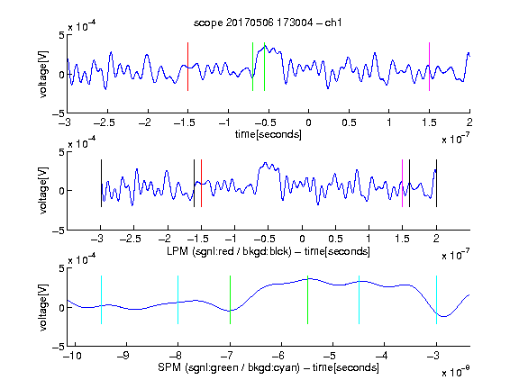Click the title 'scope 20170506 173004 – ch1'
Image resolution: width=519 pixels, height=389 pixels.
(x=268, y=23)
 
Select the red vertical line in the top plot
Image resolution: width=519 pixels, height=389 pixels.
(x=188, y=67)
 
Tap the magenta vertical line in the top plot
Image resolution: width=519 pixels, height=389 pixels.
(x=429, y=67)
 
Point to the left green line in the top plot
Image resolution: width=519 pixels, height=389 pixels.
(x=253, y=67)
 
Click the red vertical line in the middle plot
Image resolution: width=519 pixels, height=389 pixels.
(x=201, y=184)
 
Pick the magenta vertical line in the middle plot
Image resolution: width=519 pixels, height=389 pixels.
(x=403, y=184)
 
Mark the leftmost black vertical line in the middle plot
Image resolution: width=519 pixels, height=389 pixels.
(x=101, y=184)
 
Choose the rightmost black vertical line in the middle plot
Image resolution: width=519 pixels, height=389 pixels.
(x=437, y=184)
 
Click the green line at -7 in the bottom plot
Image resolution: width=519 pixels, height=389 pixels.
(x=230, y=300)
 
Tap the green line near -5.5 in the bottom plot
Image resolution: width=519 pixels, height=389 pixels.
(x=307, y=300)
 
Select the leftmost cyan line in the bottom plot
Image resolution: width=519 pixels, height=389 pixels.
(x=101, y=300)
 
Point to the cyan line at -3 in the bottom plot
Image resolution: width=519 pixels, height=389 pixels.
(x=437, y=300)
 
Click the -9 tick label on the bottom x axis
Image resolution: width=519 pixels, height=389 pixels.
(x=123, y=356)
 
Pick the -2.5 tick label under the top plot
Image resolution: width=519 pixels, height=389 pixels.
(x=105, y=122)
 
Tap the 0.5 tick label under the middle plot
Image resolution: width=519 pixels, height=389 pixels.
(x=335, y=239)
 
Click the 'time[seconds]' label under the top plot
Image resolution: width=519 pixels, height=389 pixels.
(x=269, y=134)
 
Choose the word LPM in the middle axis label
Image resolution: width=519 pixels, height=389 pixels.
(x=178, y=251)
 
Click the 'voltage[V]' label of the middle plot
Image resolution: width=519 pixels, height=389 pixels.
(x=43, y=191)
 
